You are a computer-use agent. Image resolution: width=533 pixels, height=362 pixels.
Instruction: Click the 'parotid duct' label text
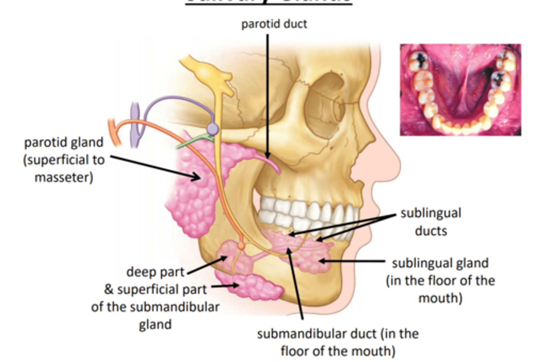[x=274, y=24]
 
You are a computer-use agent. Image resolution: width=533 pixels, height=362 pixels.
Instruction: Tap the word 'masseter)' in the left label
[x=64, y=177]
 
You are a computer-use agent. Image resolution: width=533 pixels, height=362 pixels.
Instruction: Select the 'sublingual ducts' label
[x=431, y=221]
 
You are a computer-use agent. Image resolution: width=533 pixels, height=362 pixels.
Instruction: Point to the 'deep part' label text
[x=155, y=272]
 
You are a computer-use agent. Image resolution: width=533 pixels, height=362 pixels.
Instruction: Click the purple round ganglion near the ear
[x=212, y=129]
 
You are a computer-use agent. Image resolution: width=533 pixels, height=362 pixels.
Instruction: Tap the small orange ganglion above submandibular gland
[x=241, y=246]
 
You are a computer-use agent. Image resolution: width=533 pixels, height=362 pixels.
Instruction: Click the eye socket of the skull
[x=326, y=100]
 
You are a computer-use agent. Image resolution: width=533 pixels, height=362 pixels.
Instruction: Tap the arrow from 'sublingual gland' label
[x=352, y=261]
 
